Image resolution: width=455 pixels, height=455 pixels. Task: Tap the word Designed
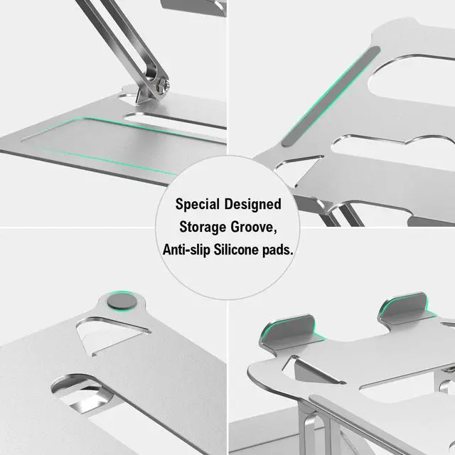255,205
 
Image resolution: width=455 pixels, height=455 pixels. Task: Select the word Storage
205,227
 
